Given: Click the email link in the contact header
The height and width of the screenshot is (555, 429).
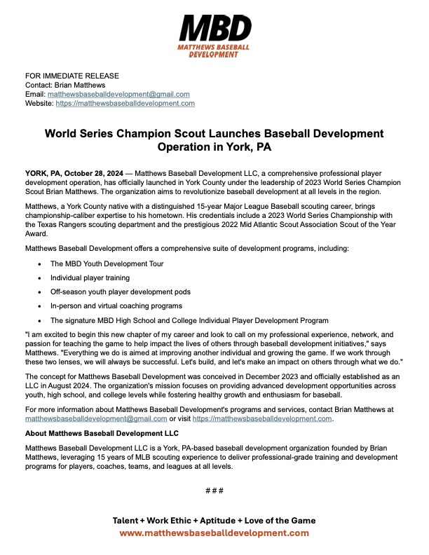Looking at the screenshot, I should pos(118,94).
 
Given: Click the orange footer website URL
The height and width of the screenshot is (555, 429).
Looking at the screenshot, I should pos(214,533).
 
